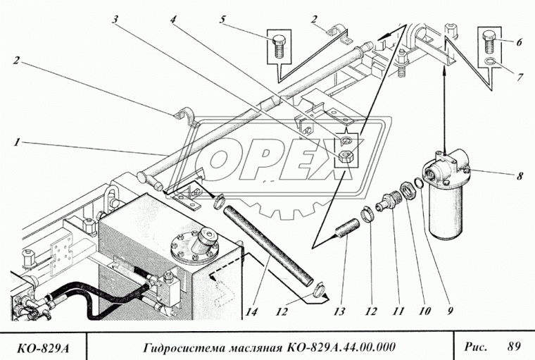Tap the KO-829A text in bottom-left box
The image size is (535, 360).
[44, 346]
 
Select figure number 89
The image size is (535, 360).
[512, 345]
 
